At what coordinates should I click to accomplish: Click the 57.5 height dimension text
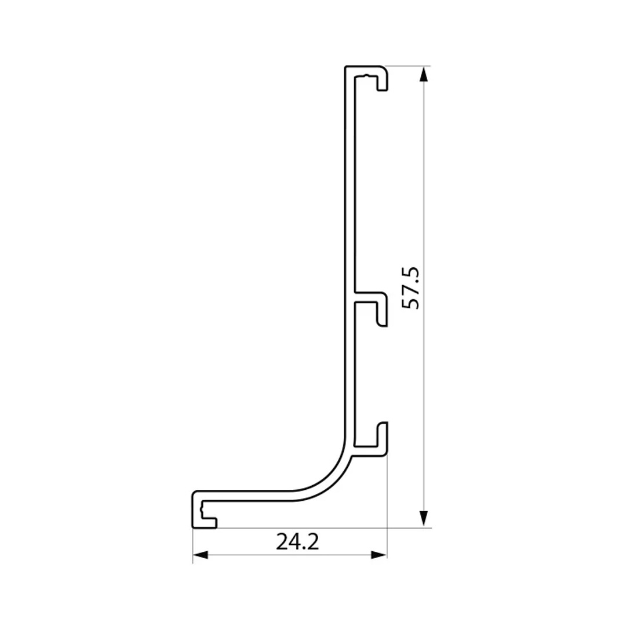pyautogui.click(x=410, y=287)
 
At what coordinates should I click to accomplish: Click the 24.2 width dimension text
pyautogui.click(x=297, y=542)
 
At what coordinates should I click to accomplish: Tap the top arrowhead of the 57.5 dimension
pyautogui.click(x=424, y=74)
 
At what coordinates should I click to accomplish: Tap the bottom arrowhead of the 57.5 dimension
pyautogui.click(x=424, y=519)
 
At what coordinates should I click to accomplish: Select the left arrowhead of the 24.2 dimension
pyautogui.click(x=201, y=555)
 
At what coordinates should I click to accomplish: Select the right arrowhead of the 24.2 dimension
pyautogui.click(x=379, y=555)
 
